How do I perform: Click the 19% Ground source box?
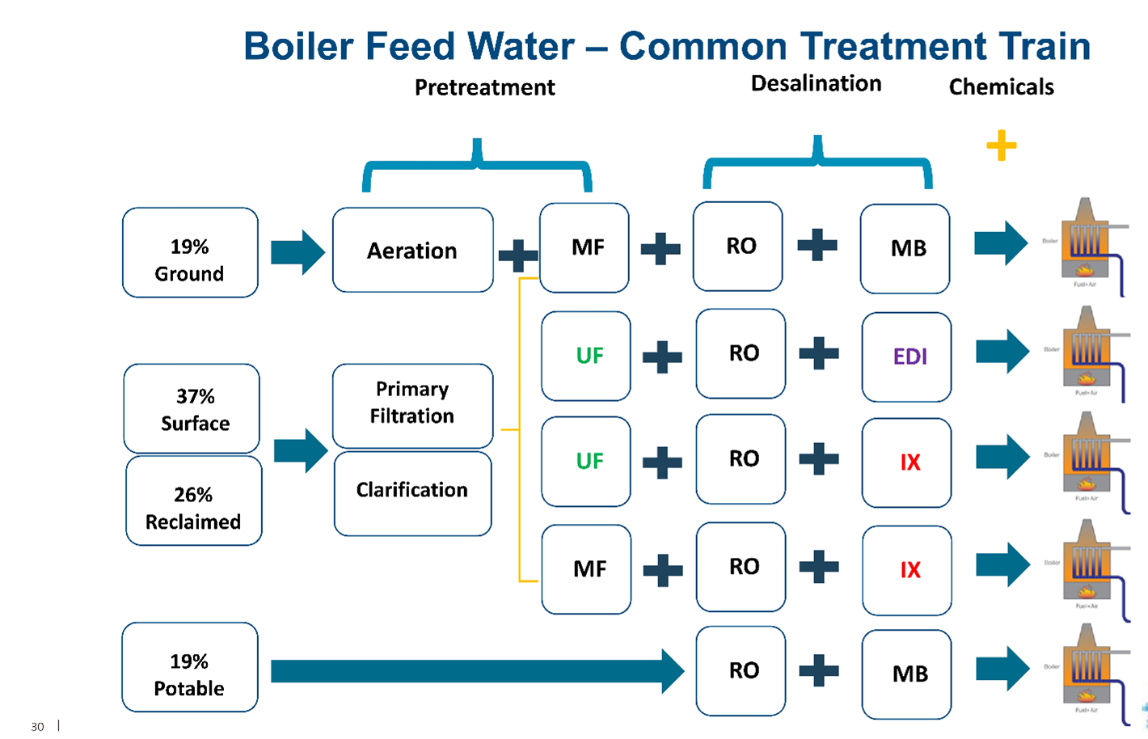[x=190, y=252]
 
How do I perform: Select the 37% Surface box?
[x=192, y=408]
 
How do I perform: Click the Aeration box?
[x=412, y=250]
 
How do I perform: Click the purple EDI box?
[x=906, y=357]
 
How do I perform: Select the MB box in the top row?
[x=905, y=248]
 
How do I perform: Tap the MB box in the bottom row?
[x=906, y=674]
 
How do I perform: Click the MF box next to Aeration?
[x=584, y=247]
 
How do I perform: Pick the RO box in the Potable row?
[x=741, y=670]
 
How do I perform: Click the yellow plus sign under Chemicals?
[x=1001, y=146]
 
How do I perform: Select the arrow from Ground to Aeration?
[x=297, y=252]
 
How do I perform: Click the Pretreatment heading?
[x=484, y=87]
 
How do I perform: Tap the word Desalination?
[x=816, y=83]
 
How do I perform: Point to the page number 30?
[x=37, y=727]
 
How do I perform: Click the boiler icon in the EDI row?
[x=1091, y=352]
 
